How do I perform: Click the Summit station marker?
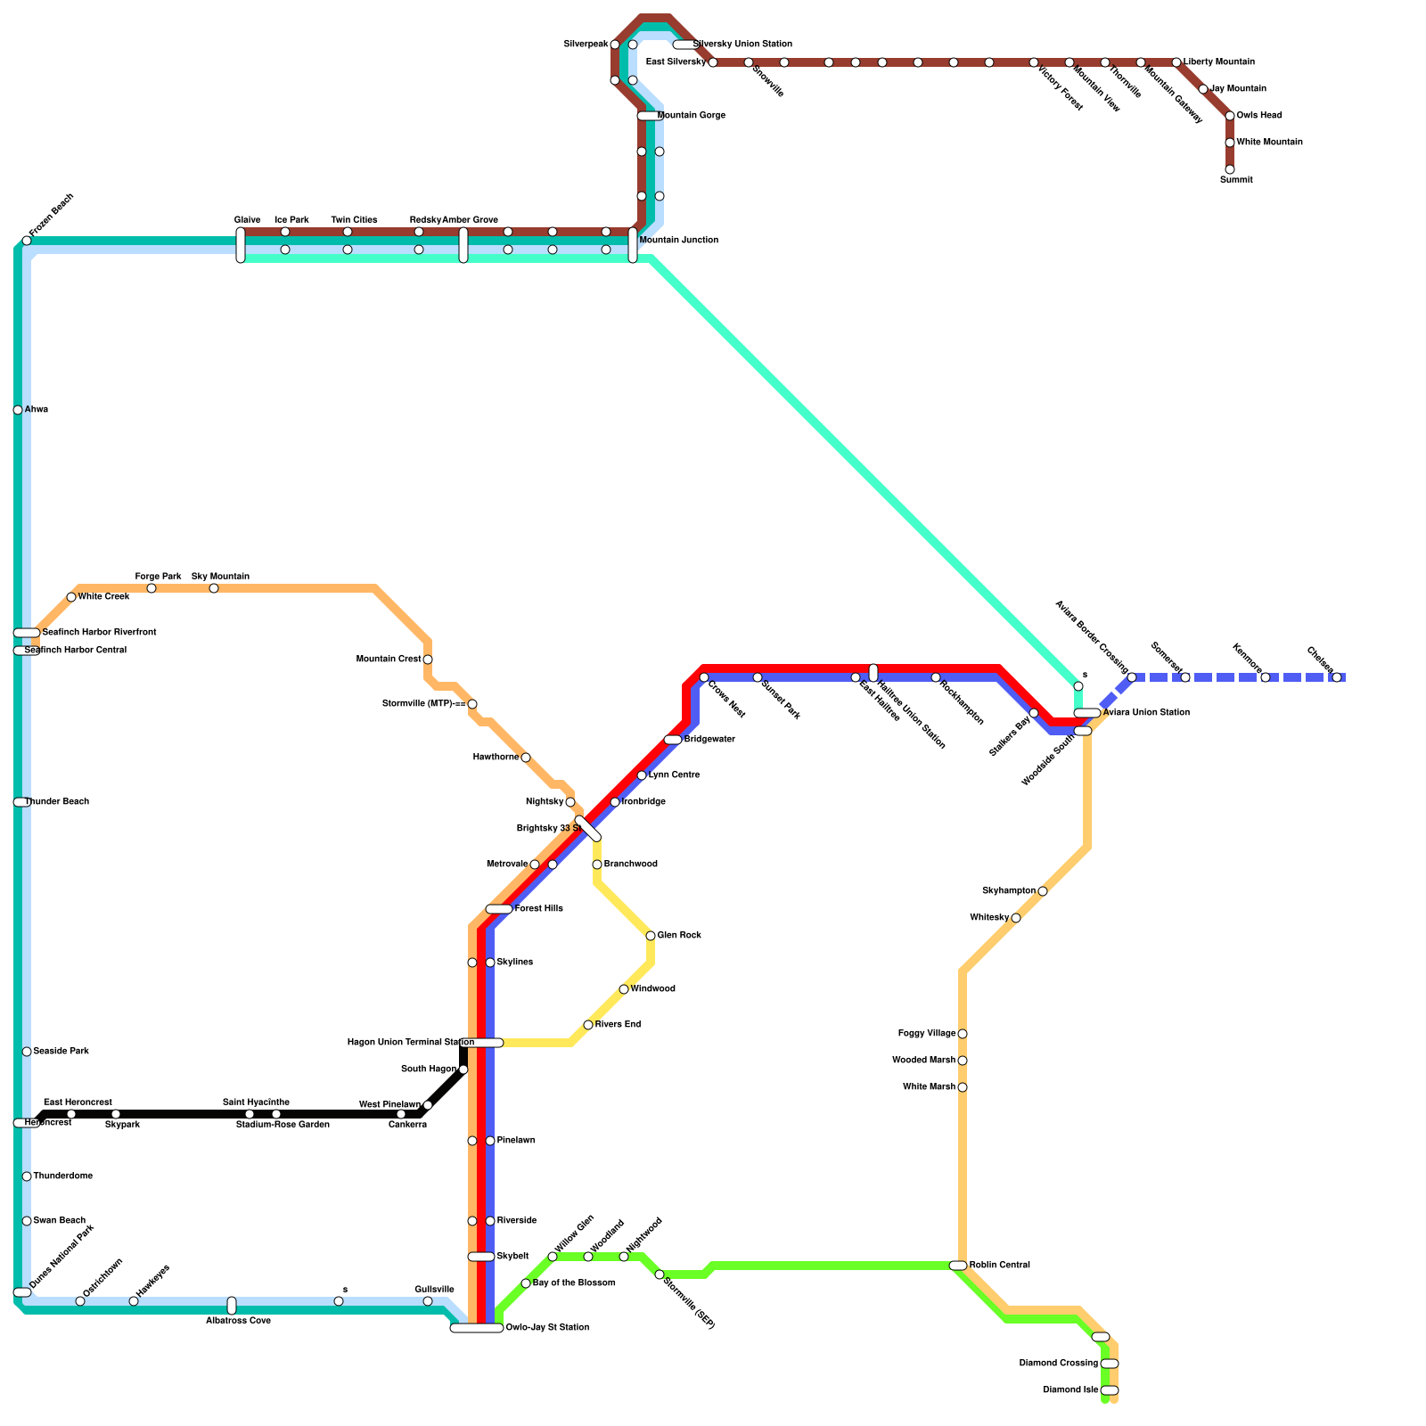click(x=1230, y=169)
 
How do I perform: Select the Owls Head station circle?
click(x=1230, y=116)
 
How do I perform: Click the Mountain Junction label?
click(x=678, y=241)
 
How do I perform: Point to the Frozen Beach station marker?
click(x=27, y=241)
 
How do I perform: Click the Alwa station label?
click(x=37, y=410)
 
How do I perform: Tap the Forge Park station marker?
click(x=152, y=588)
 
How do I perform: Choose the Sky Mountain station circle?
click(x=214, y=588)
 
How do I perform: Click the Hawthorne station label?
click(x=496, y=758)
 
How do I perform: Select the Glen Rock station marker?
click(x=651, y=936)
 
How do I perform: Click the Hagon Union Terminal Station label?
click(x=410, y=1043)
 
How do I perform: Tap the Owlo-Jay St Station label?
click(x=546, y=1328)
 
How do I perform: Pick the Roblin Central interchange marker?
click(x=958, y=1266)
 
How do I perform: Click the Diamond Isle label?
click(x=1070, y=1390)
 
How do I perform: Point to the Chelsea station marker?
click(x=1337, y=677)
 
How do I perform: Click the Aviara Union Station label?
click(x=1145, y=713)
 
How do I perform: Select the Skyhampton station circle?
click(x=1043, y=891)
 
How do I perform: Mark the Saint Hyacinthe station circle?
click(x=250, y=1114)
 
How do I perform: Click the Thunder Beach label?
click(x=56, y=802)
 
